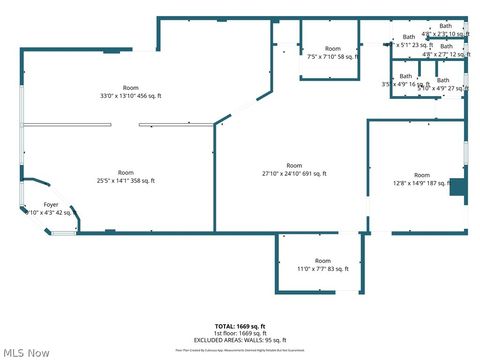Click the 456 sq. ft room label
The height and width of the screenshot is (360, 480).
tap(131, 91)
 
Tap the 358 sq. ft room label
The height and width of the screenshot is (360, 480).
tap(126, 176)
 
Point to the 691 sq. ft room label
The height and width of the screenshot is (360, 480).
tap(294, 169)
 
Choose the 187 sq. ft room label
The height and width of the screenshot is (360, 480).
tap(421, 179)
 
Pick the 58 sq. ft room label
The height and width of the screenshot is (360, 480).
tap(332, 53)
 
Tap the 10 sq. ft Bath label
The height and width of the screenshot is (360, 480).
tap(445, 30)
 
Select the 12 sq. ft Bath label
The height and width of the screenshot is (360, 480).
tap(445, 51)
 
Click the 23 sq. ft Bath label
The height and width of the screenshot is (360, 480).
tap(409, 41)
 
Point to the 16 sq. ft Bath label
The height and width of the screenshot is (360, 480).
tap(405, 80)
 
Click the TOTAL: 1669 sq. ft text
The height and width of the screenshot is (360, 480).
tap(239, 326)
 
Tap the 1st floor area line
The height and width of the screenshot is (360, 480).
tap(239, 333)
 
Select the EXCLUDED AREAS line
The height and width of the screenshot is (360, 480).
tap(239, 341)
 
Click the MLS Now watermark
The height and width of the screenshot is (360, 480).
tap(27, 352)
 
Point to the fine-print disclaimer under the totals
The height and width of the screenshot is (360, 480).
tap(239, 350)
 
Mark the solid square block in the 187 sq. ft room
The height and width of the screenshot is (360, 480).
tap(457, 187)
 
